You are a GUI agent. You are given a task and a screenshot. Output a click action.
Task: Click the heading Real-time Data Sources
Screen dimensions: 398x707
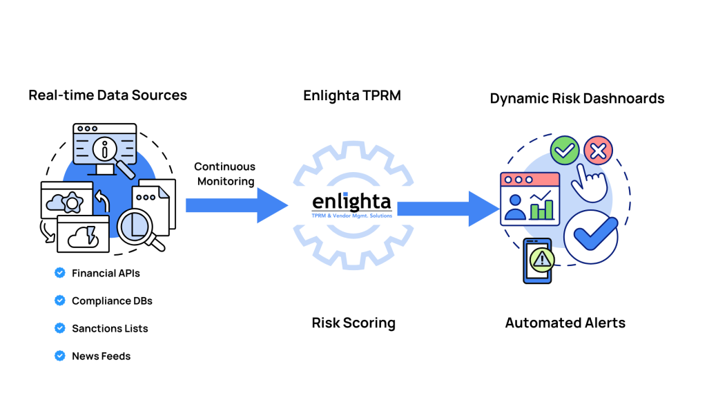(x=108, y=95)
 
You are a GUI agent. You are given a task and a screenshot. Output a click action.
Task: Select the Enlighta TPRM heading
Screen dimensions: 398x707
(x=352, y=95)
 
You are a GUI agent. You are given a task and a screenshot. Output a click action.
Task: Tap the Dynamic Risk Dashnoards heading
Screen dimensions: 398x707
(x=577, y=99)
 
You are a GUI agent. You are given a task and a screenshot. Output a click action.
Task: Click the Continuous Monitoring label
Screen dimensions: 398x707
(x=225, y=174)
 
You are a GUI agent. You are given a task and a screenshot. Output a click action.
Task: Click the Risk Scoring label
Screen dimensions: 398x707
(x=353, y=323)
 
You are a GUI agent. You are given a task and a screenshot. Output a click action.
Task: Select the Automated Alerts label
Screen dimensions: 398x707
(x=565, y=323)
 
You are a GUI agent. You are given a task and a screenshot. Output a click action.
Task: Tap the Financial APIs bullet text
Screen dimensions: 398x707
(x=106, y=274)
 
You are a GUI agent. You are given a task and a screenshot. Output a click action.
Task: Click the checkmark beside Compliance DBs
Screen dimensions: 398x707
(x=60, y=301)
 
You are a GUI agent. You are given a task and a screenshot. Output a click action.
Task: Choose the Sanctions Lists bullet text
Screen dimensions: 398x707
(x=110, y=329)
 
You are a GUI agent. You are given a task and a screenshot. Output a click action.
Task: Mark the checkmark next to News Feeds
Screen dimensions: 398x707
(x=60, y=357)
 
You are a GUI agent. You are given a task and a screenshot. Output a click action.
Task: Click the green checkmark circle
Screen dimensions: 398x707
(x=564, y=150)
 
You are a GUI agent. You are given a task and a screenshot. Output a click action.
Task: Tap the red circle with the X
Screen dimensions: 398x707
(x=598, y=150)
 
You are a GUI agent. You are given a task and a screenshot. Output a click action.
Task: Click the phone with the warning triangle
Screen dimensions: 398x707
(x=539, y=260)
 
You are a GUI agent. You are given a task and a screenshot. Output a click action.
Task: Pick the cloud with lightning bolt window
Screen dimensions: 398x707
(x=83, y=235)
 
